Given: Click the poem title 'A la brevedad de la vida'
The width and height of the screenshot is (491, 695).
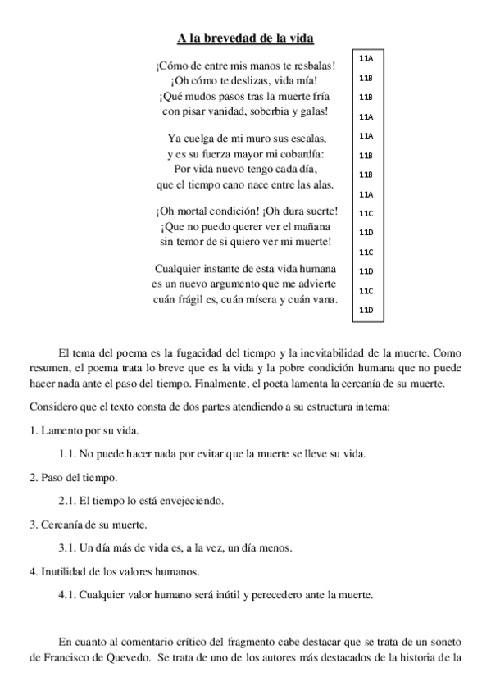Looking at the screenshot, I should tap(246, 38).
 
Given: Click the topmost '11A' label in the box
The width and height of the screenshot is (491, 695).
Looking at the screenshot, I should tap(366, 58).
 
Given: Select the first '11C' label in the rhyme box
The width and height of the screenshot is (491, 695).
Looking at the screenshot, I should tap(366, 213).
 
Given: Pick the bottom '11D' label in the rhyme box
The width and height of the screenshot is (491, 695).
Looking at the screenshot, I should tap(366, 310).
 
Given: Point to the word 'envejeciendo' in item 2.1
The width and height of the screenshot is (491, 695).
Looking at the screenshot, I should tap(193, 500).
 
